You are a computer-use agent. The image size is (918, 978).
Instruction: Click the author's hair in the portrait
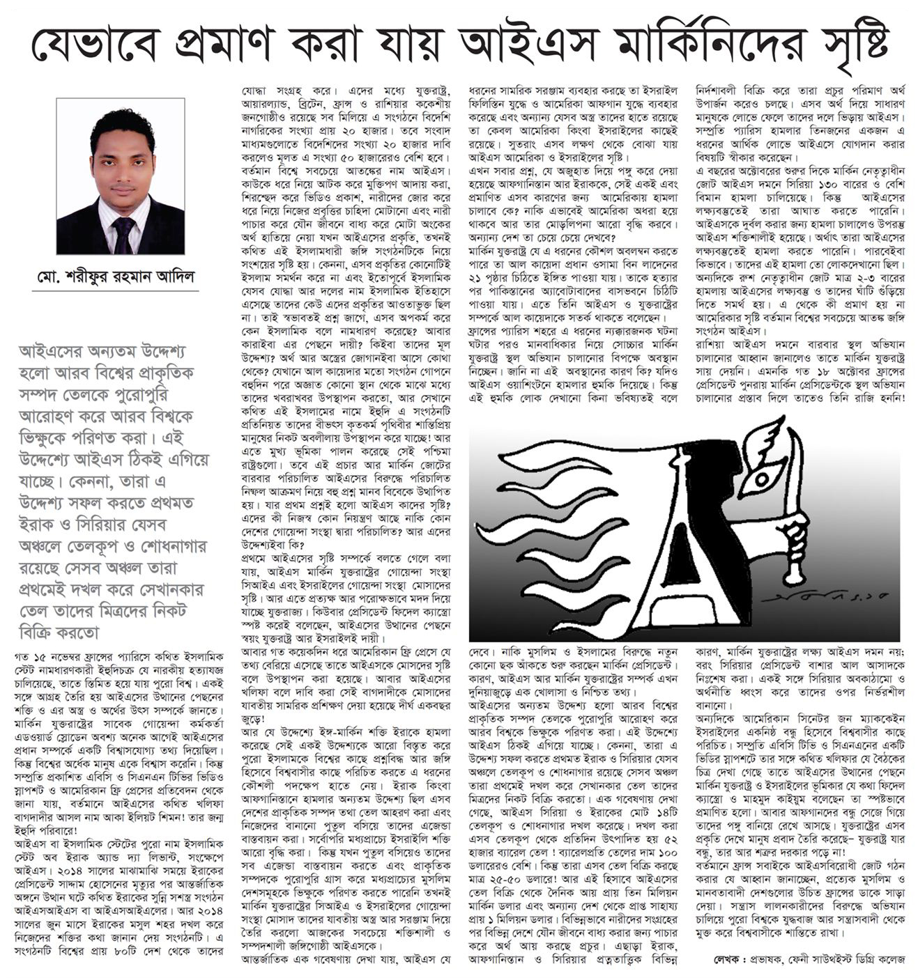[122, 125]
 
